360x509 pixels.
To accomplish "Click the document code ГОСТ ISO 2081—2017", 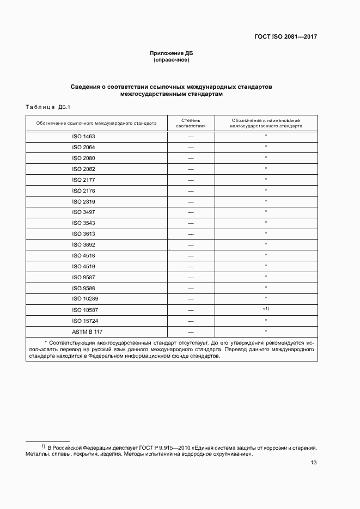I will [285, 37].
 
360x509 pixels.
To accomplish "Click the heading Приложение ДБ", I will [172, 53].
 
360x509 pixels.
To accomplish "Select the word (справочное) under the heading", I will [172, 60].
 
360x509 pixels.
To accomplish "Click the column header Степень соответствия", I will [191, 122].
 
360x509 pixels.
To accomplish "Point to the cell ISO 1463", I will [83, 137].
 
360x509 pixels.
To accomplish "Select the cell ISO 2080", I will [83, 158].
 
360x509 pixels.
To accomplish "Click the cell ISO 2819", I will [83, 201].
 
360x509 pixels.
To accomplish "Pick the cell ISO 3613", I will [83, 234].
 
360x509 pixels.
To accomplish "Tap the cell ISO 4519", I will [83, 266].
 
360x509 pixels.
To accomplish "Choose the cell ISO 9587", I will [83, 277].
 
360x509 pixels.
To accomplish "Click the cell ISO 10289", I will [83, 299].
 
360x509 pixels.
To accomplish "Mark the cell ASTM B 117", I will [83, 331].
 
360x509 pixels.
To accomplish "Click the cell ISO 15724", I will [83, 321].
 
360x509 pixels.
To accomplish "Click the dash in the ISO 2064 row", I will [191, 148].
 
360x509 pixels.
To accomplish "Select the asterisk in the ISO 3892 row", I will [266, 244].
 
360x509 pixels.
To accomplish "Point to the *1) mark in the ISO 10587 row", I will [266, 309].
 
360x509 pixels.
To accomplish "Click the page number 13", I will [313, 463].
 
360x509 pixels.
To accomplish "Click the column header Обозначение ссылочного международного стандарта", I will [96, 123].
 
